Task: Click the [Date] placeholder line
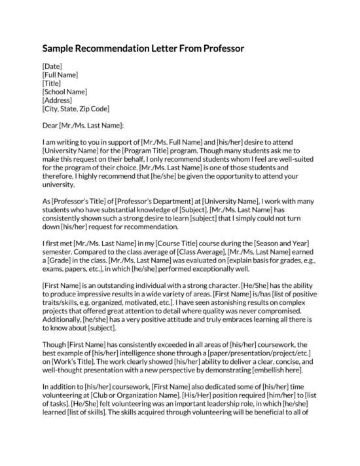(52, 66)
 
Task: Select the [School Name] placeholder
(64, 92)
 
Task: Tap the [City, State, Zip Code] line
(75, 109)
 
